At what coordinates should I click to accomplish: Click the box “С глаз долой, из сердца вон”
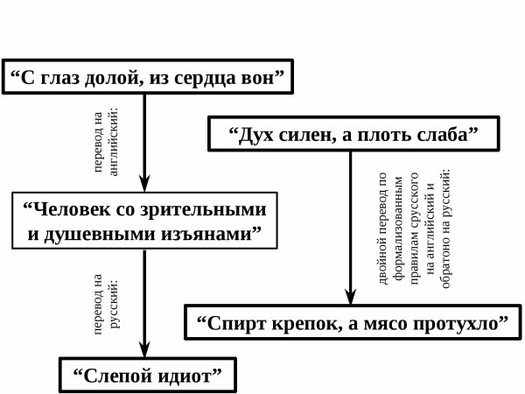pos(147,78)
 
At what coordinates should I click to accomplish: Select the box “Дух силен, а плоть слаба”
pos(351,136)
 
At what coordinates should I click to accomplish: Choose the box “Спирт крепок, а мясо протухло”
pos(354,321)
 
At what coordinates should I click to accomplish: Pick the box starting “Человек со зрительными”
pos(141,222)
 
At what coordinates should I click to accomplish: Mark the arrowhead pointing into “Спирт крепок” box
pos(351,295)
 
